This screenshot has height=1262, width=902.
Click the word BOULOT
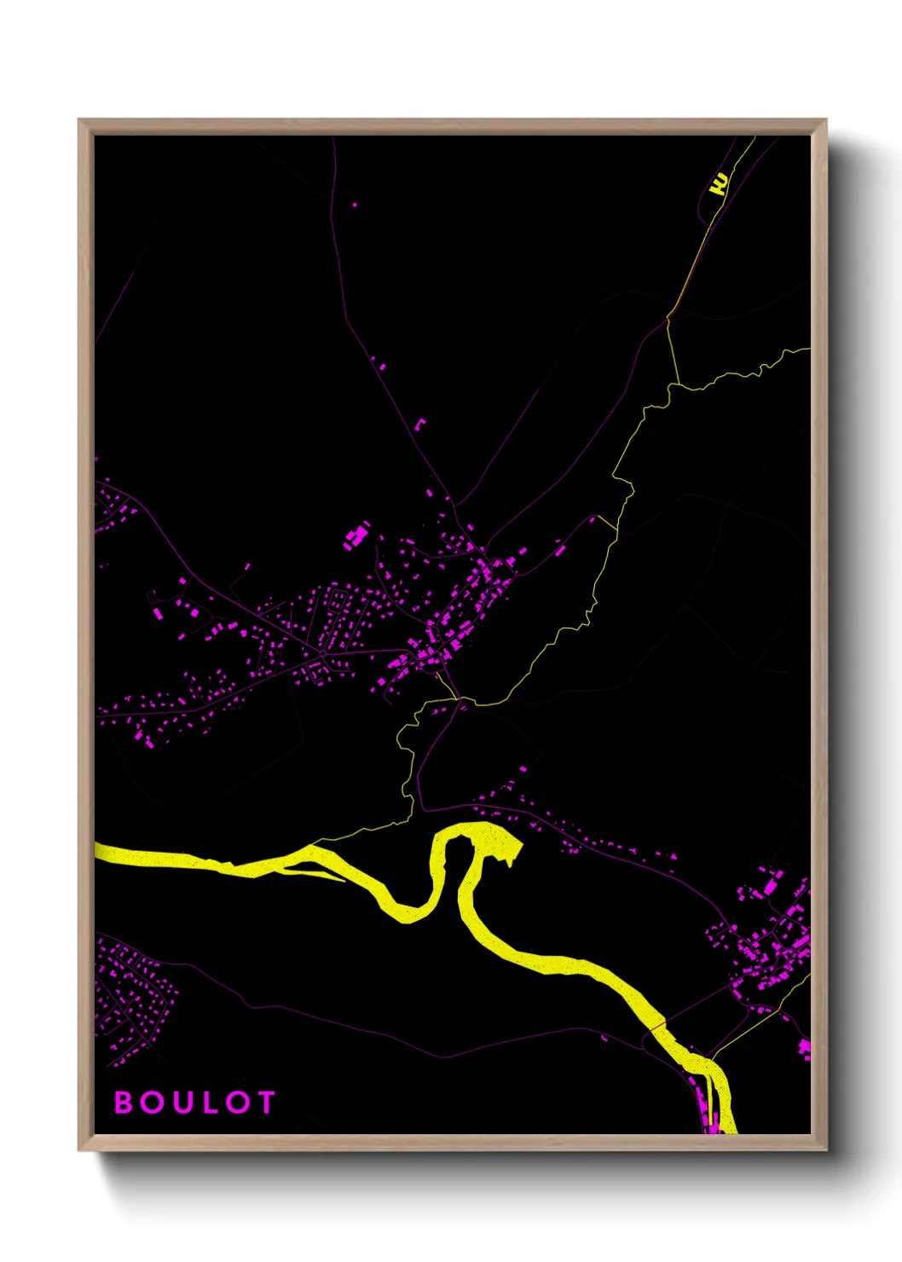coord(194,1103)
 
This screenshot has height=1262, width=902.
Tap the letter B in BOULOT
coord(124,1103)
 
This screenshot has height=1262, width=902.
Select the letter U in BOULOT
coord(181,1103)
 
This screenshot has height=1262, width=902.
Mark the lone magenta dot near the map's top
coord(355,205)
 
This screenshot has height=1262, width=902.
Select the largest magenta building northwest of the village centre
coord(356,537)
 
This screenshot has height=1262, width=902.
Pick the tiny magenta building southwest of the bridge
coord(604,1038)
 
